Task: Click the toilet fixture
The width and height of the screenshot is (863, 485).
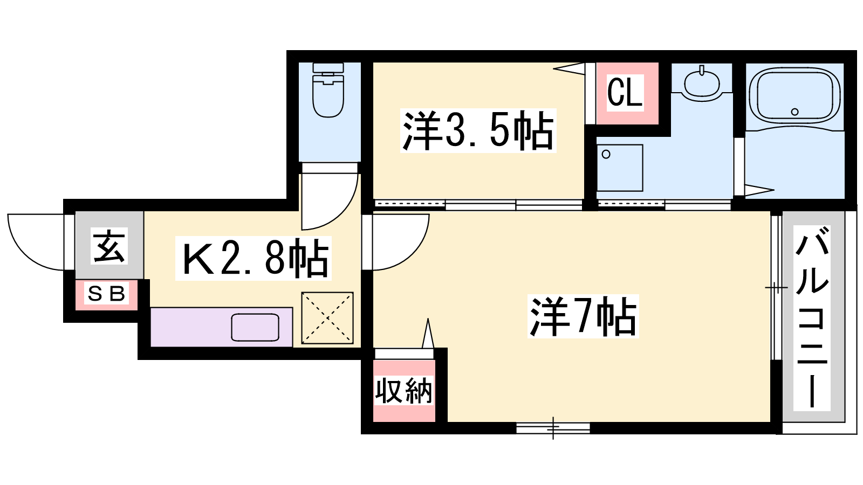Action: tap(328, 90)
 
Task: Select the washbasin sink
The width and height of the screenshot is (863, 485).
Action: tap(702, 83)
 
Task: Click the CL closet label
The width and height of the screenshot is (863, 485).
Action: tap(625, 92)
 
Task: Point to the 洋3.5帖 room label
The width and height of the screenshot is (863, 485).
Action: tap(478, 130)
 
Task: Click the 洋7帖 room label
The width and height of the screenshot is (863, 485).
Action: tap(583, 316)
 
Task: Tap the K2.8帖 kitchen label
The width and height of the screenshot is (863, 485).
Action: tap(253, 258)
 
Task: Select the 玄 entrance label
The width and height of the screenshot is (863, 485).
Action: tap(109, 246)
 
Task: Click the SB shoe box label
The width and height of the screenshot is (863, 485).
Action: tap(106, 294)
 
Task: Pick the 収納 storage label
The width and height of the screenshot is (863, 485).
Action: tap(404, 391)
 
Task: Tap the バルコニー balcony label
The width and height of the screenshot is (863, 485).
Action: tap(811, 317)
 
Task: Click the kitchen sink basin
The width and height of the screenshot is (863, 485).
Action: tap(255, 327)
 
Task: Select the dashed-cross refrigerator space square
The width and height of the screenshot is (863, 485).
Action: tap(327, 318)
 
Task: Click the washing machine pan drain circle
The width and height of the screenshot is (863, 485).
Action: tap(606, 154)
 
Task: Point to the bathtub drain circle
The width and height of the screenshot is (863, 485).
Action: tap(794, 112)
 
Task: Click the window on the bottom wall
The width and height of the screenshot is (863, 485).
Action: tap(553, 428)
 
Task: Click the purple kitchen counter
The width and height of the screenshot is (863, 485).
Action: tap(221, 327)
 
